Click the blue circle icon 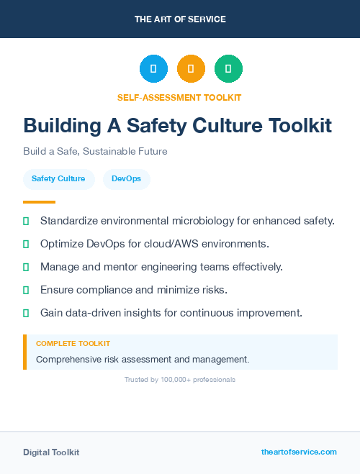click(x=153, y=68)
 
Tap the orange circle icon click(x=191, y=68)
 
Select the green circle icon click(x=228, y=68)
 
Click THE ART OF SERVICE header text click(x=180, y=19)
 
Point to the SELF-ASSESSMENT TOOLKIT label click(x=179, y=97)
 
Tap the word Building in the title click(x=62, y=126)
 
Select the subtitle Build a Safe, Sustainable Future click(x=95, y=152)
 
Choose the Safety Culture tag click(x=58, y=178)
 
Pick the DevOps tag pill click(x=127, y=178)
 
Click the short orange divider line click(x=39, y=201)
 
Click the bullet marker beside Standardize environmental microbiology click(x=26, y=221)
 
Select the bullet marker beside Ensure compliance click(x=26, y=290)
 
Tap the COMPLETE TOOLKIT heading click(x=73, y=344)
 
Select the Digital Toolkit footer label click(x=51, y=452)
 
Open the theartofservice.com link click(x=299, y=452)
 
